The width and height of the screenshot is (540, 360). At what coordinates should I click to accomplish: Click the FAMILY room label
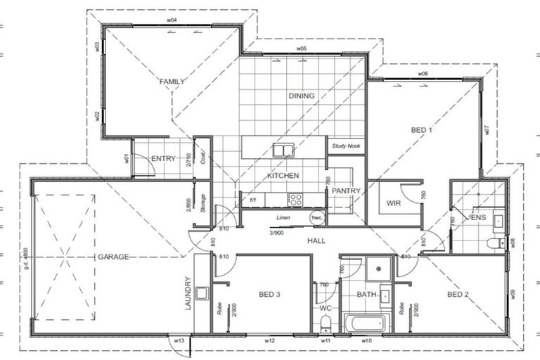coord(172,82)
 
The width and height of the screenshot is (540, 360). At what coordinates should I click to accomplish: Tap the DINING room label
coord(301,96)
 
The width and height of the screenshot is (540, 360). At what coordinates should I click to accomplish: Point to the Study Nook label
coord(346,147)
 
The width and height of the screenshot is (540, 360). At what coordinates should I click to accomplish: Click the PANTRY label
coord(346,191)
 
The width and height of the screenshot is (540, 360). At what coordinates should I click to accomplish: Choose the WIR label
coord(393,204)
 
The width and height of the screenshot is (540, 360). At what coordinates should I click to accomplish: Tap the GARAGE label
coord(113,257)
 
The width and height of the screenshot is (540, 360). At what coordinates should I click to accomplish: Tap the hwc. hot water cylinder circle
coord(317,218)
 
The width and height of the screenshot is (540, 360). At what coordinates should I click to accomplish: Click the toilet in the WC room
coord(326,323)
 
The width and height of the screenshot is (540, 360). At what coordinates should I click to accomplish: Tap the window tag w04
coord(172,21)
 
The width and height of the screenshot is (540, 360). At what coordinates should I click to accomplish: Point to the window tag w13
coord(179,340)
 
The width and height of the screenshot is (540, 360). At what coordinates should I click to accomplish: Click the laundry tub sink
coord(202,292)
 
